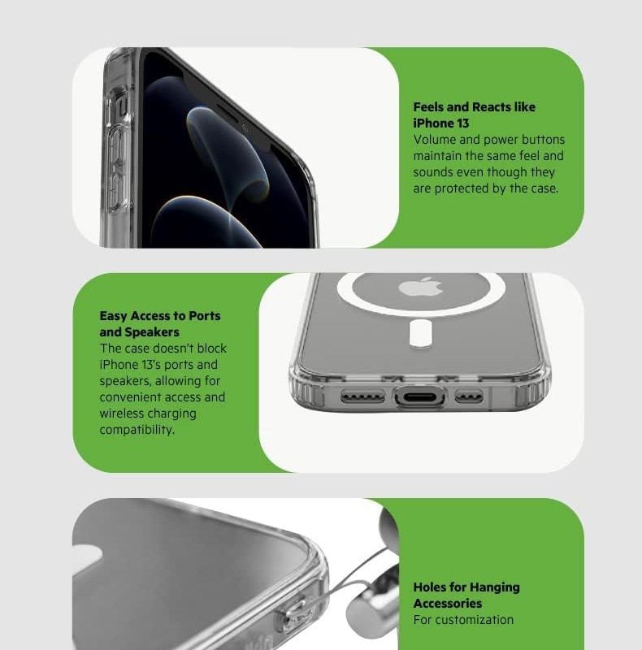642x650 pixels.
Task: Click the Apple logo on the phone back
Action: coord(420,287)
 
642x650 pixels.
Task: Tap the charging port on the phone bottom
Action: coord(419,397)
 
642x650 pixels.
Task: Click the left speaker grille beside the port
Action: coord(362,397)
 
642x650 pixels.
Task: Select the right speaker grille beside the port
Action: coord(469,396)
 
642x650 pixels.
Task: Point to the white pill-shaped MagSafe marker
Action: coord(420,332)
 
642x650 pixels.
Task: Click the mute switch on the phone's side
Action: coord(122,108)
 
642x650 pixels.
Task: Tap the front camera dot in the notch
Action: coord(245,128)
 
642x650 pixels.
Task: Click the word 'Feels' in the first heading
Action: coord(428,107)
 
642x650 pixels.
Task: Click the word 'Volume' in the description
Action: coord(434,140)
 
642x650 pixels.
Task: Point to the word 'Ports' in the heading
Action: coord(205,316)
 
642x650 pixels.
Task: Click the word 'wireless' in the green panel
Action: coord(122,414)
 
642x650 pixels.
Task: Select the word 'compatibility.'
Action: coord(137,430)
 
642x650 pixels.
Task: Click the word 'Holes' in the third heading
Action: coord(430,587)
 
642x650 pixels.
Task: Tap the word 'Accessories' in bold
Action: coord(448,603)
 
